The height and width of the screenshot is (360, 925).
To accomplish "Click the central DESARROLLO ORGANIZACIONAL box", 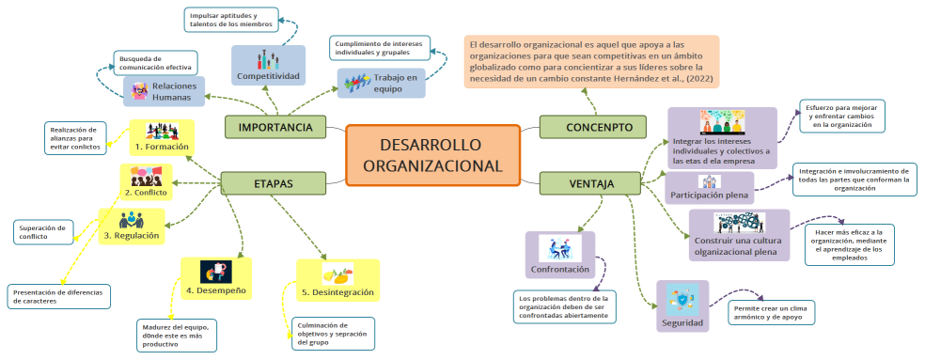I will point(432,155).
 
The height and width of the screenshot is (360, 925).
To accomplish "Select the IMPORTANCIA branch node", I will point(274,127).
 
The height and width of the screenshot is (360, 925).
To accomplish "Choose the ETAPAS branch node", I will point(273,182).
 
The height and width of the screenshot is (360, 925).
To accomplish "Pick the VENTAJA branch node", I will point(590,183).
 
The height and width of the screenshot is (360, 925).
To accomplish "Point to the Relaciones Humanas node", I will point(164,91).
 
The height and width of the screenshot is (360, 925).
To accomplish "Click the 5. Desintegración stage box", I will point(337,281).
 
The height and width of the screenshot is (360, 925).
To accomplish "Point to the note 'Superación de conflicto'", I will point(43,232).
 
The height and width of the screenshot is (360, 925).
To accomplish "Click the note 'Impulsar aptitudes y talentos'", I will point(229,19).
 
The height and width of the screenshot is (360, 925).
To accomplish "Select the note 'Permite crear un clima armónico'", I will point(771,313).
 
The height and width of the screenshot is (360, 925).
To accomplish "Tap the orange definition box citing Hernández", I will point(591,62).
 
